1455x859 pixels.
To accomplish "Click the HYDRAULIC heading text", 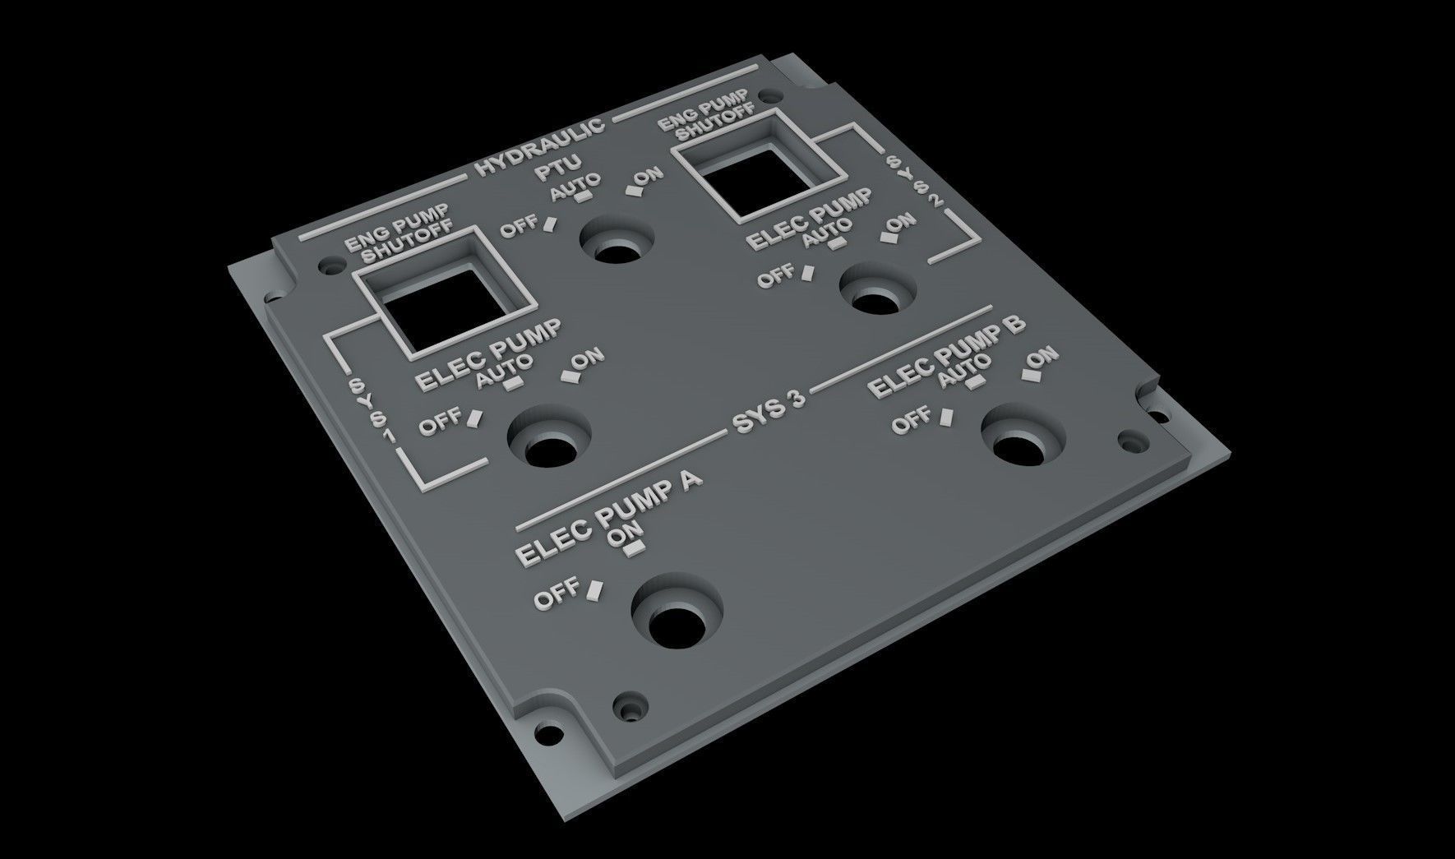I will [x=540, y=145].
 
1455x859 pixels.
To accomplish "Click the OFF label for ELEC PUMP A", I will [x=557, y=598].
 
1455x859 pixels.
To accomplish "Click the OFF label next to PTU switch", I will [x=520, y=226].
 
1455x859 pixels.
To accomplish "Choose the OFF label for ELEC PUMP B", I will [x=914, y=422].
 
